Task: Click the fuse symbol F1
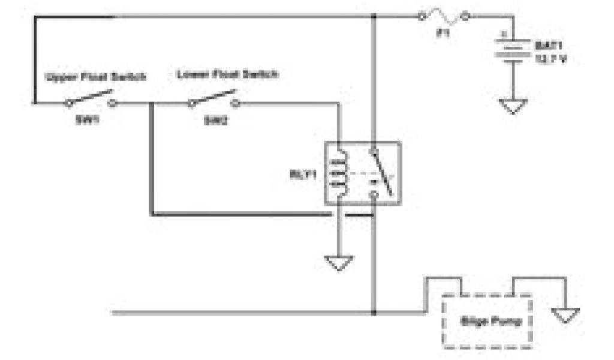pos(444,16)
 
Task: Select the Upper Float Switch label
pos(95,77)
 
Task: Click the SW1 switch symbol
pos(91,99)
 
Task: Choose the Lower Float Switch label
pos(227,75)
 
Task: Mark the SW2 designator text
pos(212,119)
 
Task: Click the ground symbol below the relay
pos(339,262)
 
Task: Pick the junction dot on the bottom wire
pos(374,313)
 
